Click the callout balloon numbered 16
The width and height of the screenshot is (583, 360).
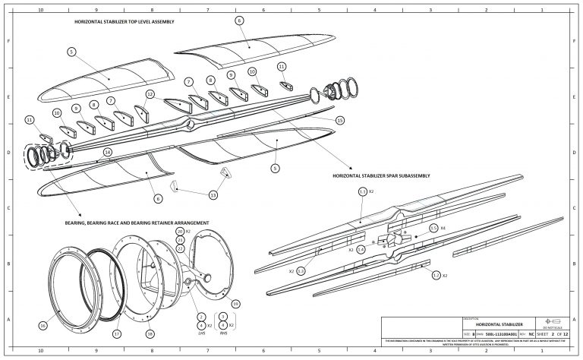point(43,326)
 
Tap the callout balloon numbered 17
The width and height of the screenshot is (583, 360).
point(116,333)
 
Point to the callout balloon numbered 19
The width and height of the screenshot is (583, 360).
point(236,304)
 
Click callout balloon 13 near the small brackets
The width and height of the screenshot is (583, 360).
point(213,195)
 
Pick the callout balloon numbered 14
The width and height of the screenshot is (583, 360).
point(108,152)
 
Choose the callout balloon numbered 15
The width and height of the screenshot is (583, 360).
point(339,120)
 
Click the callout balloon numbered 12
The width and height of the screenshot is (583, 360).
point(150,94)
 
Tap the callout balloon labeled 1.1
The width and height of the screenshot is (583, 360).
point(362,191)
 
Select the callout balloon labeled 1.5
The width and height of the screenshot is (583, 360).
point(433,227)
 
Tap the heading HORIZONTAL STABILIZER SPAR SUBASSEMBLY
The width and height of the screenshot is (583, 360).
point(381,175)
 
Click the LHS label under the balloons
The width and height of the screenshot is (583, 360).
point(201,333)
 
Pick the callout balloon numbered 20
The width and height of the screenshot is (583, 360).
point(180,231)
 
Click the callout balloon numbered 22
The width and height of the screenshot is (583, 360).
point(180,248)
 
